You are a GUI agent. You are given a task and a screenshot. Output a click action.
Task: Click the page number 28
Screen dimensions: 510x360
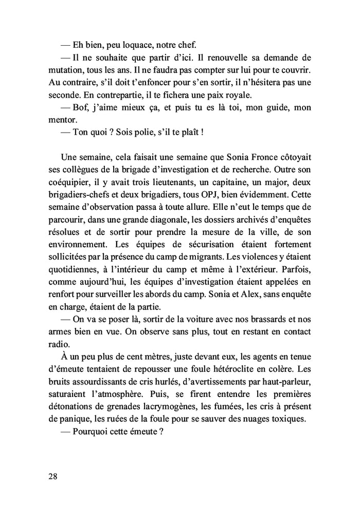(x=52, y=476)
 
